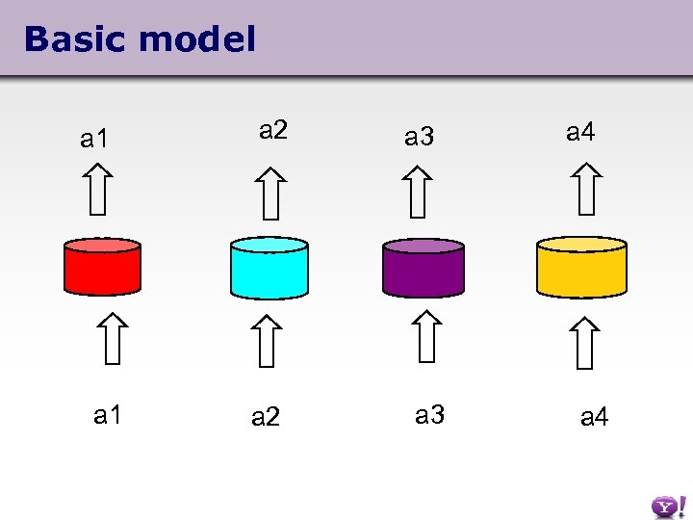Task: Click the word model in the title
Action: (x=197, y=39)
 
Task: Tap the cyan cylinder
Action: (x=269, y=267)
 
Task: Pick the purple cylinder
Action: (x=423, y=267)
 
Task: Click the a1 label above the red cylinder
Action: (x=94, y=140)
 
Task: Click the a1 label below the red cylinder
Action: (x=108, y=415)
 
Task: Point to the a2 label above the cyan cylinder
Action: (x=273, y=130)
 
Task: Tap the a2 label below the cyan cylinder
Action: (x=266, y=417)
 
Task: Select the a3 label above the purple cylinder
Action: (x=419, y=138)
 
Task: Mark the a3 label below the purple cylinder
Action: (x=429, y=415)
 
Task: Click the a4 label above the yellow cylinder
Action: (x=580, y=131)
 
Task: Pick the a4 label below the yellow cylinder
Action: (x=594, y=417)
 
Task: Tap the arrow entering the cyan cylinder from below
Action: (x=268, y=340)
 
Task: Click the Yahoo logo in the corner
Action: (x=665, y=506)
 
